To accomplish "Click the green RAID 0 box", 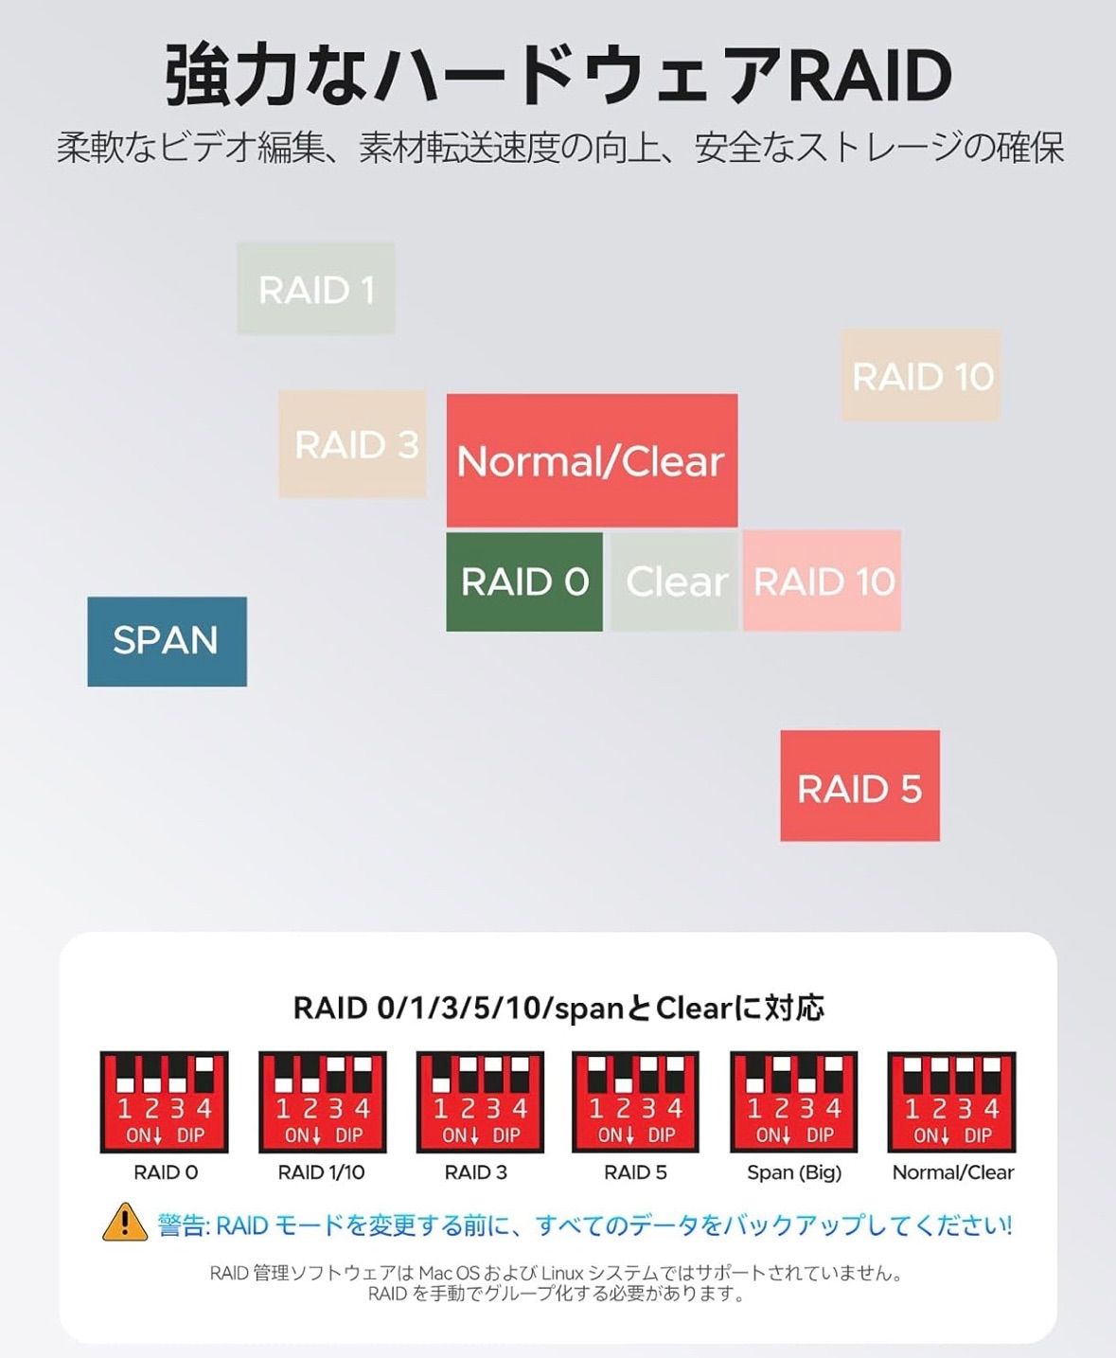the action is coord(524,581).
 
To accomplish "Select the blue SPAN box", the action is coord(167,641).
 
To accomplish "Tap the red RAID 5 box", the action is coord(859,786).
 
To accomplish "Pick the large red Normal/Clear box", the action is coord(592,460).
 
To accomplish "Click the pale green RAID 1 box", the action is coord(315,289).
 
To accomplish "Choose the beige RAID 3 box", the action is coord(352,443).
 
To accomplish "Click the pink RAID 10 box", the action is coord(822,581).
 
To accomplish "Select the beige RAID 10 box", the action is coord(921,375).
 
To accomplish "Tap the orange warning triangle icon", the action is coord(125,1223).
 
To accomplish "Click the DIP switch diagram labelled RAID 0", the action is coord(164,1101).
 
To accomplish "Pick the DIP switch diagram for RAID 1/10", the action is coord(323,1101).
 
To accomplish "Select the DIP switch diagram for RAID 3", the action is coord(480,1101).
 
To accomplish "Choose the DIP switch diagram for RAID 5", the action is coord(635,1101).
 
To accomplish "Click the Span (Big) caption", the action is coord(794,1173).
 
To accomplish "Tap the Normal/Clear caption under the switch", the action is coord(952,1172).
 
